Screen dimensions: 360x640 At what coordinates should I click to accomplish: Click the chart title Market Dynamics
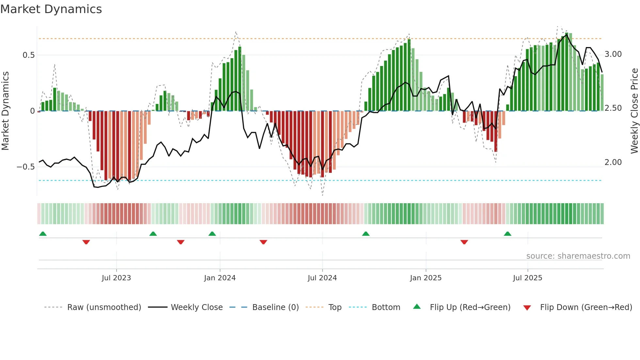click(x=51, y=9)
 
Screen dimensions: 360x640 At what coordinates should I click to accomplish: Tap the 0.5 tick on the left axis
click(x=29, y=55)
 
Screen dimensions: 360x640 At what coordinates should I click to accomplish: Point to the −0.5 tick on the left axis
click(x=26, y=167)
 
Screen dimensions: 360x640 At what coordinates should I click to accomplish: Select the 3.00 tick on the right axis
click(x=613, y=54)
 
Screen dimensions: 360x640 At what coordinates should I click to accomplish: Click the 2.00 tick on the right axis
click(x=613, y=162)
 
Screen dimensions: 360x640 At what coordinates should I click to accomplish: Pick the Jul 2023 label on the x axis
click(x=116, y=278)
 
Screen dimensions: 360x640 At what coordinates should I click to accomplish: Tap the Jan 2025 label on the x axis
click(x=426, y=278)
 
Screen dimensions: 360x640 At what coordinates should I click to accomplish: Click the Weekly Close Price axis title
click(x=634, y=111)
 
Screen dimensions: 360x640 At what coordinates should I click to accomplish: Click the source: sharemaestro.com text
click(x=578, y=256)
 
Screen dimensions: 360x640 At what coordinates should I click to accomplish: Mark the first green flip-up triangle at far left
click(x=43, y=234)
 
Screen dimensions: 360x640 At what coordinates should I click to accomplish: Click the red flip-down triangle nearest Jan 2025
click(x=464, y=242)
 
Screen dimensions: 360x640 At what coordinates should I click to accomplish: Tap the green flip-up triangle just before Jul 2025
click(x=507, y=234)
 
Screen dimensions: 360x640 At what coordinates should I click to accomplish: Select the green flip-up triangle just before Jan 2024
click(x=212, y=234)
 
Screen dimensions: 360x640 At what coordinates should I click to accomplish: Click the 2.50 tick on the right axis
click(x=613, y=108)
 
